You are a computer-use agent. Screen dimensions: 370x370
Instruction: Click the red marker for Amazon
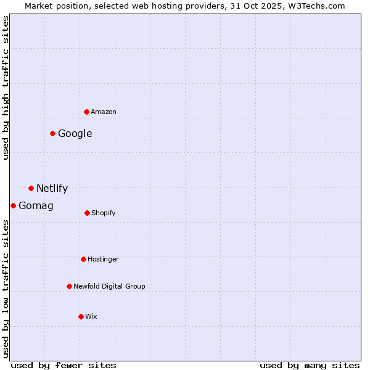click(x=87, y=112)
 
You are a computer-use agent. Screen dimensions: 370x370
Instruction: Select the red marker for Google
click(x=53, y=133)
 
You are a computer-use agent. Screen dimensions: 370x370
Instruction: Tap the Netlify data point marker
click(x=31, y=188)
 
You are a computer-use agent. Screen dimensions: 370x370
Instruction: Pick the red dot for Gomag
click(x=14, y=205)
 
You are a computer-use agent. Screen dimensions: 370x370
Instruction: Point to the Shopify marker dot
click(x=87, y=213)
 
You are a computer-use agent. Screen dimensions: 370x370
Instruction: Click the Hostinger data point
click(x=83, y=259)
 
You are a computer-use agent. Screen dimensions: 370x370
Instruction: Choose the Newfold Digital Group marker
click(x=70, y=286)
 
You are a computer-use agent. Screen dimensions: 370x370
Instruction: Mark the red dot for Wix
click(x=81, y=316)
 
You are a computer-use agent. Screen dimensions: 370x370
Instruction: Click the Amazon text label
click(x=104, y=112)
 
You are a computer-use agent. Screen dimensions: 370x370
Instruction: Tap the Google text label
click(x=75, y=133)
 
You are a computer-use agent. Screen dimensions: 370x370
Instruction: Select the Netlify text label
click(x=52, y=189)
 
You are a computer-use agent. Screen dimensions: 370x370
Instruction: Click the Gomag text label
click(x=36, y=206)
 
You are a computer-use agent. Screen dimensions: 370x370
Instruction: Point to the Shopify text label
click(x=104, y=213)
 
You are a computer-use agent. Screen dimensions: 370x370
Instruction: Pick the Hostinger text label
click(x=103, y=259)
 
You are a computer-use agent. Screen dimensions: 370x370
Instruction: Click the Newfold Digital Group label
click(x=110, y=286)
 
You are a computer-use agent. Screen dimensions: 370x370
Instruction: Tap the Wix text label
click(x=91, y=316)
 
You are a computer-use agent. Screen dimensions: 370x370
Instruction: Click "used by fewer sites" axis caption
click(x=64, y=365)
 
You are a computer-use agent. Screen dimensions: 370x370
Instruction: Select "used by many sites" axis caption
click(x=310, y=365)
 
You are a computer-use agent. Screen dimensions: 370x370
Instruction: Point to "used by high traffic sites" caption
click(x=6, y=88)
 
